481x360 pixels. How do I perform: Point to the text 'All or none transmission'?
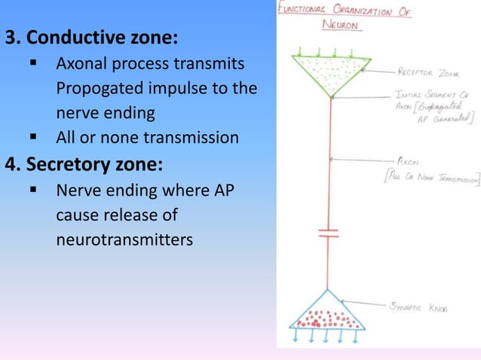point(147,138)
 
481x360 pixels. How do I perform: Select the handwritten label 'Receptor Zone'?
point(428,73)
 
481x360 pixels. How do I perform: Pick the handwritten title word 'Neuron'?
point(341,25)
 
